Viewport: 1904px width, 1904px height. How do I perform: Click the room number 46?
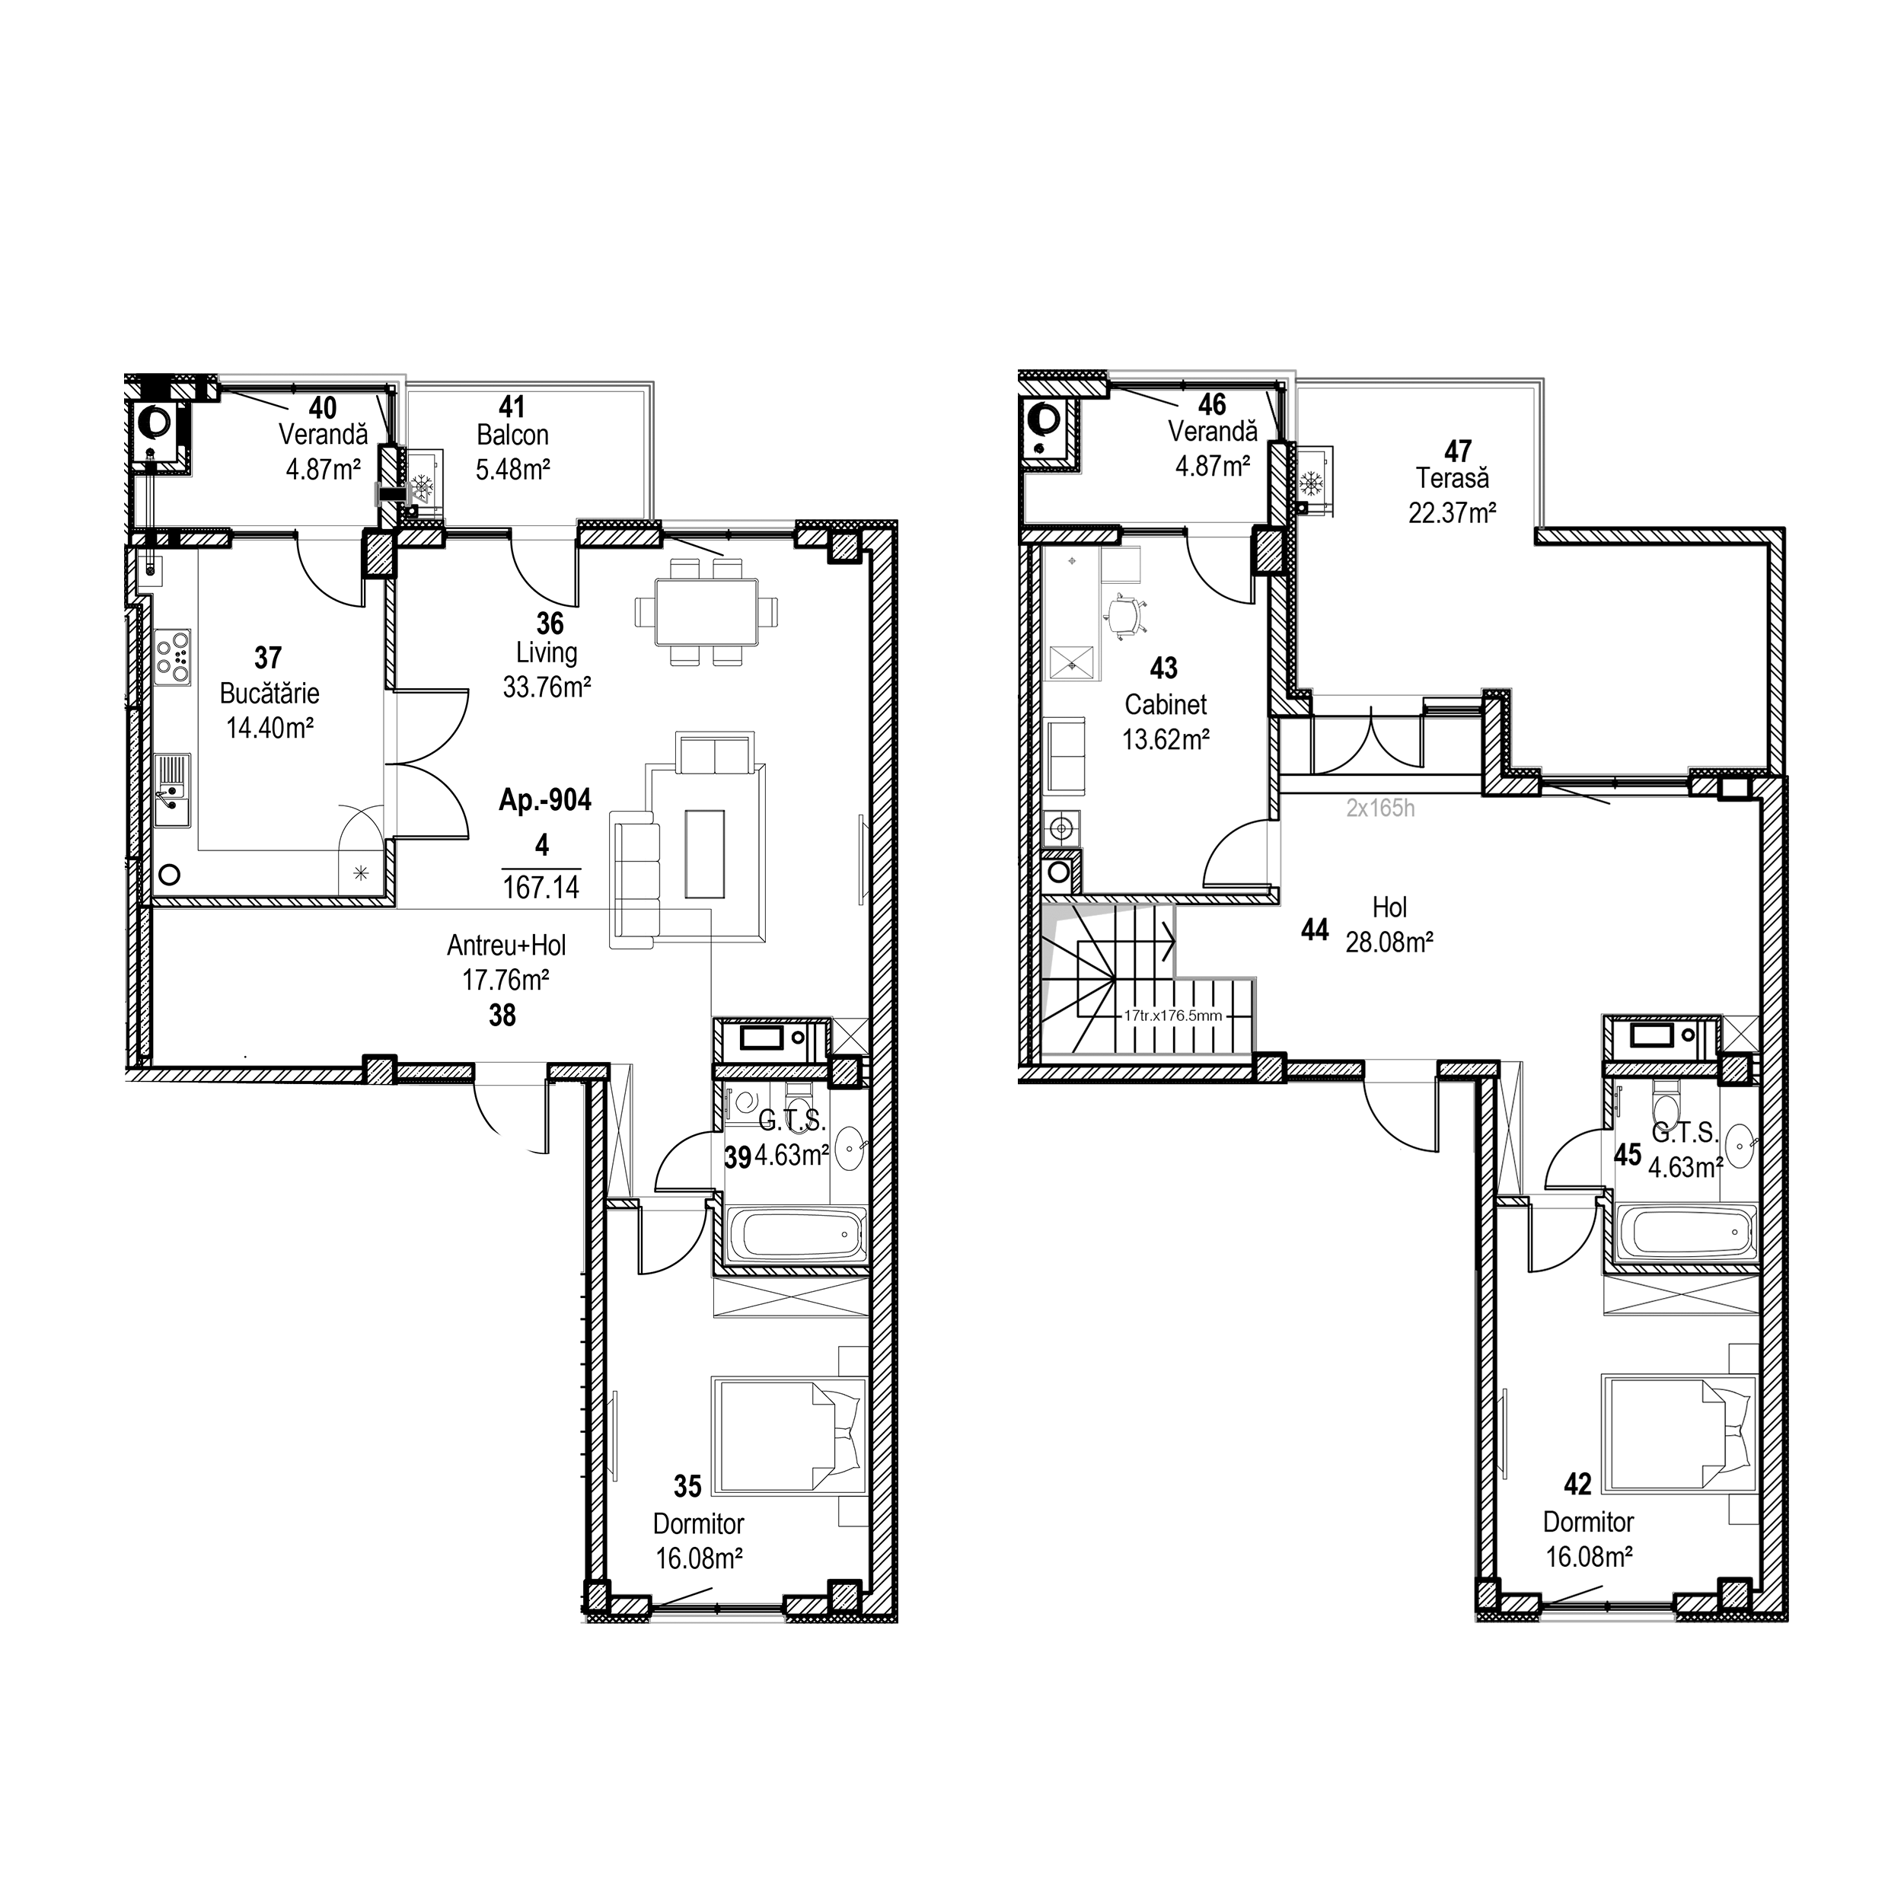1212,404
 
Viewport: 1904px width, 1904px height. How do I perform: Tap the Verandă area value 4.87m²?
1212,465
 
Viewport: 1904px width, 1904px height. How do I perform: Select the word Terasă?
1452,479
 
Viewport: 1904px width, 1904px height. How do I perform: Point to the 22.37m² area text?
1452,512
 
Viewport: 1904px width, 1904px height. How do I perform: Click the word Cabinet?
1166,705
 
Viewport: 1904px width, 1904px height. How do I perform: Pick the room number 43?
1164,669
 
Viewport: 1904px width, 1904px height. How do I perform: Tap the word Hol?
1389,907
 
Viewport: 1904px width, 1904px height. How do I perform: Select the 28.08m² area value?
1389,943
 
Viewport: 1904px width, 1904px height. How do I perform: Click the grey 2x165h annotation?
1381,809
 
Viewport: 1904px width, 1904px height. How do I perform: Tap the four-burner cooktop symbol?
173,657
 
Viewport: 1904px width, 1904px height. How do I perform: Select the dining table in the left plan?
706,612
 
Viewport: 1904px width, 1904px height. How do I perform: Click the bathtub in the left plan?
796,1234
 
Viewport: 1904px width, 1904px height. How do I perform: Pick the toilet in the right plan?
1666,1103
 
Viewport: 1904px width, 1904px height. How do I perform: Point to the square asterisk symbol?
361,873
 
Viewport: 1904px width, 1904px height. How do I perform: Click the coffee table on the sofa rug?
706,853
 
